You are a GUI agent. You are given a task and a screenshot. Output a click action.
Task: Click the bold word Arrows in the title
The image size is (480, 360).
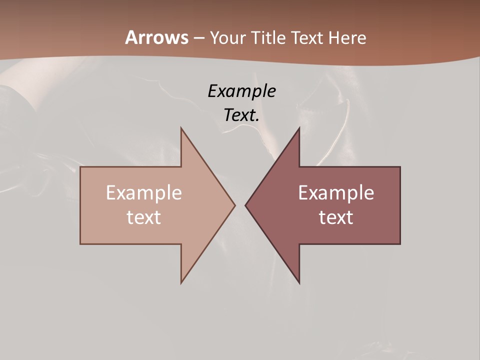point(157,37)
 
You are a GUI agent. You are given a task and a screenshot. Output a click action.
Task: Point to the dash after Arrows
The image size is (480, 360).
point(198,38)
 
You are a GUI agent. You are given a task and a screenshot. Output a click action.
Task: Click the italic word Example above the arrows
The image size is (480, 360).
point(241,91)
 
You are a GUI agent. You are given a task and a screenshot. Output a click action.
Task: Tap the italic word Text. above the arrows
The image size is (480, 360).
point(241,115)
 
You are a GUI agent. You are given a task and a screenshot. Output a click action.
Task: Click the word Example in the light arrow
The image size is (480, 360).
point(144,192)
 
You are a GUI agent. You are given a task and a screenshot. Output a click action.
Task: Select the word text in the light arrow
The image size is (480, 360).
point(144,217)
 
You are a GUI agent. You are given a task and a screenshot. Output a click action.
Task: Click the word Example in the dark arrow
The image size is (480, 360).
point(336,192)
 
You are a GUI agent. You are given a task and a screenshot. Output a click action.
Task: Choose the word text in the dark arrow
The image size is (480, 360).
point(336,217)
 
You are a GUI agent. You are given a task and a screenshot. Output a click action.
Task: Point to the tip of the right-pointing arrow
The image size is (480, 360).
point(235,205)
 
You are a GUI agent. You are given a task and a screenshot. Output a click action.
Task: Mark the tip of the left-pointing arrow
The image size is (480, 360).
point(245,205)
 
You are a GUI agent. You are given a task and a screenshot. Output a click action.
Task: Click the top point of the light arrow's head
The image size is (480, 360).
point(181,128)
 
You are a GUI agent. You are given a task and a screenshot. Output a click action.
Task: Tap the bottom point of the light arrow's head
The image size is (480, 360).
point(181,283)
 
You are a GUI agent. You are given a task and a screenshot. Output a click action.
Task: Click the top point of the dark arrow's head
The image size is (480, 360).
point(299,128)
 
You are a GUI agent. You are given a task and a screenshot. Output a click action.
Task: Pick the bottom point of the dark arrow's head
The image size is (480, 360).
point(299,283)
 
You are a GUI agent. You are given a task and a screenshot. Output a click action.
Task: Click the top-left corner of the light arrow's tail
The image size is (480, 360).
point(80,167)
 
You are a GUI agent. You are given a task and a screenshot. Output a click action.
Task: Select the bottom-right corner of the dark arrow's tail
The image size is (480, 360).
point(400,244)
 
